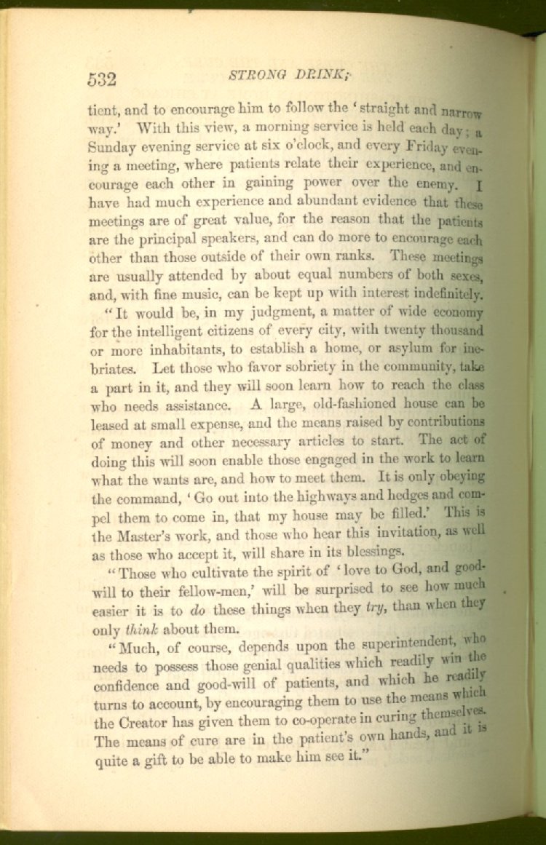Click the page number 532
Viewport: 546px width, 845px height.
click(x=102, y=79)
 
